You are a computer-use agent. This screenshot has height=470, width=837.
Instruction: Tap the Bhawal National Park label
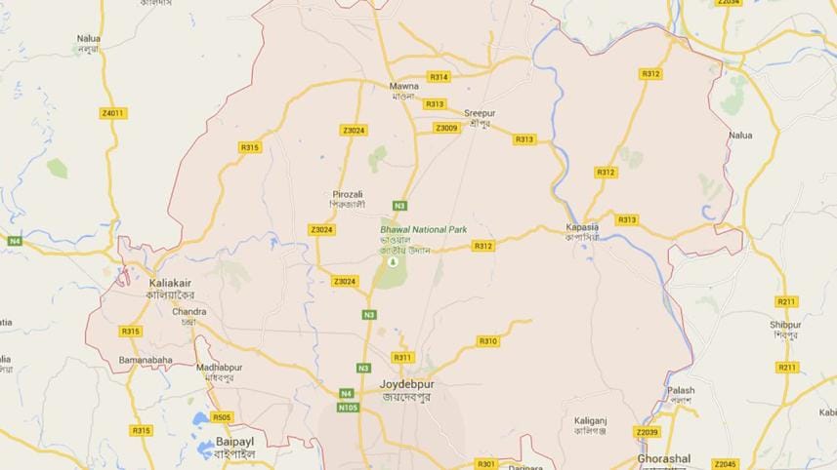coord(423,230)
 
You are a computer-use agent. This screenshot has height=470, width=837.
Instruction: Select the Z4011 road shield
coord(113,113)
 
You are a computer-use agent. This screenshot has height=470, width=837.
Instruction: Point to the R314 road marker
coord(439,77)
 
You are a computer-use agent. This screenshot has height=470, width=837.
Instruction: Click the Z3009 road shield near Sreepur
coord(446,128)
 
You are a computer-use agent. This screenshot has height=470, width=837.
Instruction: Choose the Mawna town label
coord(403,86)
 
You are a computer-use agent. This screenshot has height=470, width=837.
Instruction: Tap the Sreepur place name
coord(480,113)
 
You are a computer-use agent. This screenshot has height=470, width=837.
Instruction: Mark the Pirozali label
coord(348,193)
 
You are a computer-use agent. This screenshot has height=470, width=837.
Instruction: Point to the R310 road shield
coord(488,341)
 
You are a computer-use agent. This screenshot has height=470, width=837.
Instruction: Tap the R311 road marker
coord(402,358)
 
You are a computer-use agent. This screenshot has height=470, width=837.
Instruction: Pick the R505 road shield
coord(222,417)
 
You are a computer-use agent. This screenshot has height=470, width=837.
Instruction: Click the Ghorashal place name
coord(663,458)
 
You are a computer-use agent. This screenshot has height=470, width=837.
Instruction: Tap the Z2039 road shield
coord(647,432)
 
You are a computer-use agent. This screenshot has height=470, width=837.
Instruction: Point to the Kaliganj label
coord(591,419)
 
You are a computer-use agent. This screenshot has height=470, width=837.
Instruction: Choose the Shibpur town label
coord(784,326)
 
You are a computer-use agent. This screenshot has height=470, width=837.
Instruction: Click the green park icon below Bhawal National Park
coord(393,261)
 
